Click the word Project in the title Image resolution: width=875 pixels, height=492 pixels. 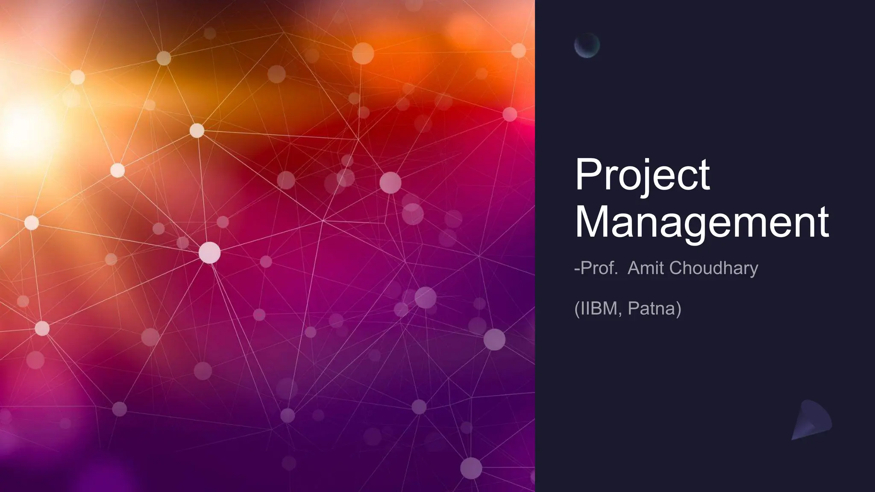[642, 175]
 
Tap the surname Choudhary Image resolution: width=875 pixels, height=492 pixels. [714, 268]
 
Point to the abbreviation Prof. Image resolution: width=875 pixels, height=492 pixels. [599, 268]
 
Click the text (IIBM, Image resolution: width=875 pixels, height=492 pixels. [598, 308]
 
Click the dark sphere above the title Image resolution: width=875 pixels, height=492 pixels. [587, 45]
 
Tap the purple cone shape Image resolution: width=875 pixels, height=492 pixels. [811, 420]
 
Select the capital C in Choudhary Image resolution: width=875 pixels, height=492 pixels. [676, 268]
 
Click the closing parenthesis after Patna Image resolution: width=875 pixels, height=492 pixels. [678, 308]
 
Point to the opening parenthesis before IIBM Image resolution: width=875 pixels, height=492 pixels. [577, 308]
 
